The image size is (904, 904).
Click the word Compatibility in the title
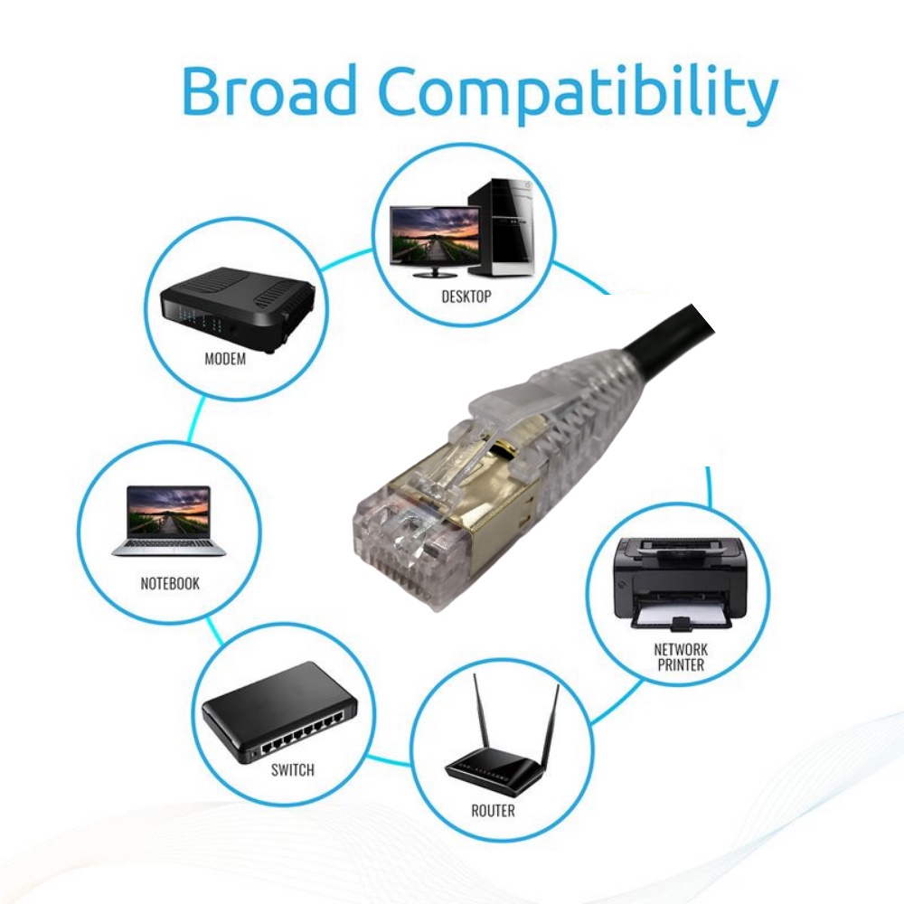point(578,93)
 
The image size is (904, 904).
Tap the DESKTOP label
point(466,296)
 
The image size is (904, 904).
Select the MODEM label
point(225,358)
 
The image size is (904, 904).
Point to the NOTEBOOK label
point(170,583)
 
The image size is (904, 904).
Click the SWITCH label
point(292,770)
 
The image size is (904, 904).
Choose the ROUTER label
point(493,811)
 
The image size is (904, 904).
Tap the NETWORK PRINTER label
point(681,656)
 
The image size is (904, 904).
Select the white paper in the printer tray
point(680,617)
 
